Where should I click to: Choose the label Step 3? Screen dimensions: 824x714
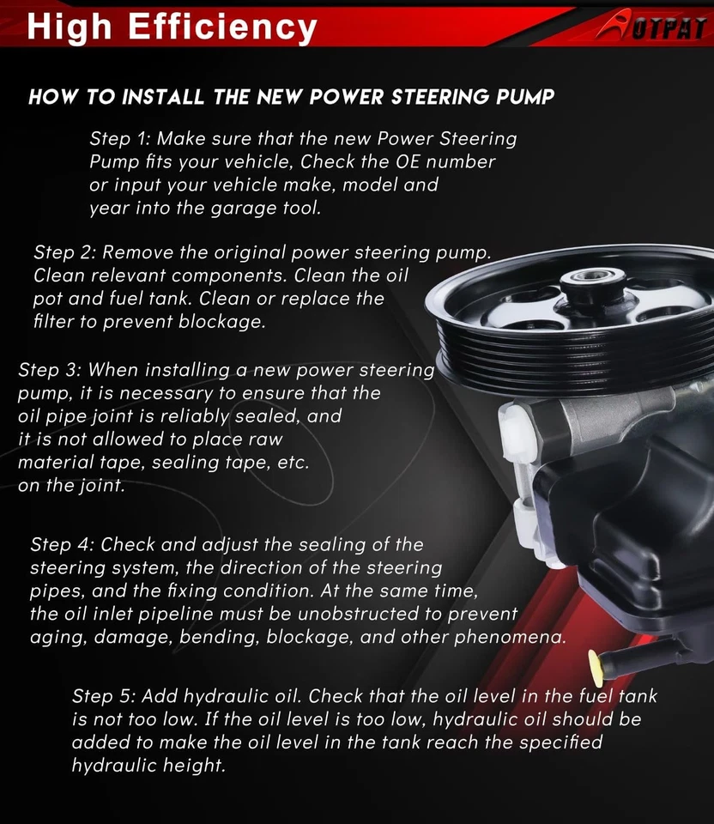pos(49,370)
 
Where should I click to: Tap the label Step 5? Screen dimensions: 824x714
pos(103,696)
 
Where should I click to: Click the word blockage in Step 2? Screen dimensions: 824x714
pos(227,323)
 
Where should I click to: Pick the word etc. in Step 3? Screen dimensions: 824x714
pos(292,463)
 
